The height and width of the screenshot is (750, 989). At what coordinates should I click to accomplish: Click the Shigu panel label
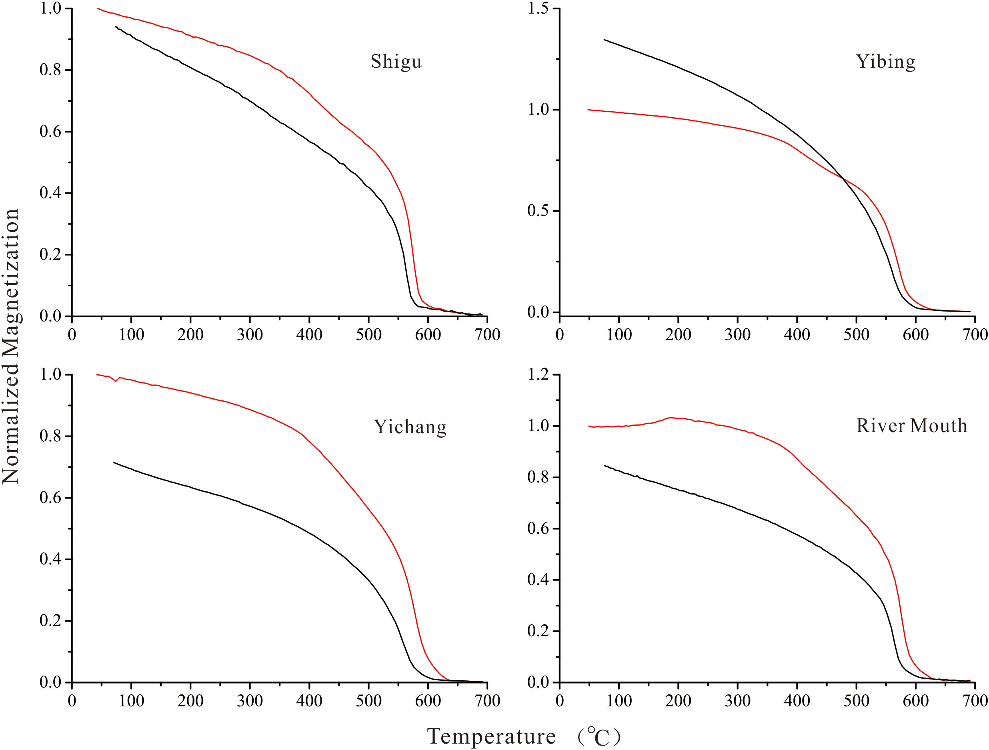pyautogui.click(x=396, y=62)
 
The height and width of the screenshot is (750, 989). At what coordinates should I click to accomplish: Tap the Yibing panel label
pyautogui.click(x=885, y=62)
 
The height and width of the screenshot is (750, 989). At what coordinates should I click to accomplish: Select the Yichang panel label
pyautogui.click(x=410, y=427)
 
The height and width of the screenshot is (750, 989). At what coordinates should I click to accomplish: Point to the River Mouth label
pyautogui.click(x=912, y=426)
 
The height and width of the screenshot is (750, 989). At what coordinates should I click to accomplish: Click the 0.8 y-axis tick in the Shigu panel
pyautogui.click(x=50, y=70)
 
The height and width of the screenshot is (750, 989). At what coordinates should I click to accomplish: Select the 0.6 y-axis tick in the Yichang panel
pyautogui.click(x=50, y=498)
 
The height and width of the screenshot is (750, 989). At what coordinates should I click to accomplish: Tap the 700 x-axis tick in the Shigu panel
pyautogui.click(x=487, y=335)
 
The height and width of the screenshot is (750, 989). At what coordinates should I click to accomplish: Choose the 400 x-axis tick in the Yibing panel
pyautogui.click(x=797, y=335)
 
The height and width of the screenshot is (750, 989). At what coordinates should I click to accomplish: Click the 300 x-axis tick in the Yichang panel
pyautogui.click(x=250, y=701)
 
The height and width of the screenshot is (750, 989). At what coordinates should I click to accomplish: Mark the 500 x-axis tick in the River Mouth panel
pyautogui.click(x=856, y=701)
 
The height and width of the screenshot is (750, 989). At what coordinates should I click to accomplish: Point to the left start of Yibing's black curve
pyautogui.click(x=604, y=39)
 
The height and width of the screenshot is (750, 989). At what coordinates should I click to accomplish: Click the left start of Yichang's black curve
pyautogui.click(x=114, y=462)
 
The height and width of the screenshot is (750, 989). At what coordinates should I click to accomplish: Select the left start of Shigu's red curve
pyautogui.click(x=97, y=8)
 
